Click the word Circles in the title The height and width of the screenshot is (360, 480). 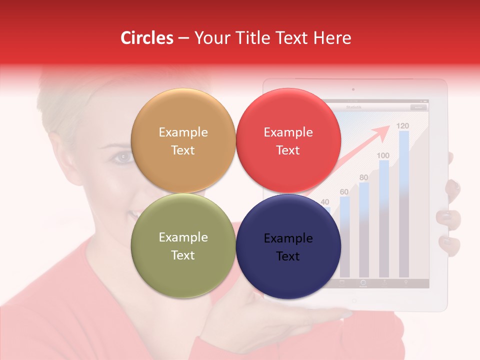[146, 38]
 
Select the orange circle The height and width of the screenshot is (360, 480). [183, 141]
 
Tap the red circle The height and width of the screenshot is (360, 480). [288, 141]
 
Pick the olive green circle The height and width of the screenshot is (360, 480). [183, 246]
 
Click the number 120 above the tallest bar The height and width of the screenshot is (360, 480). [402, 125]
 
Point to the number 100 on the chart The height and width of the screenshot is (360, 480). [383, 155]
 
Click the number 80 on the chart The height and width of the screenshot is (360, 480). [363, 177]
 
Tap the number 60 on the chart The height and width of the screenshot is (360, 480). [344, 191]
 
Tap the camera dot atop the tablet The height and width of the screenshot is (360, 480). [353, 89]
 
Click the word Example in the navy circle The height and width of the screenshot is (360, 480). [288, 238]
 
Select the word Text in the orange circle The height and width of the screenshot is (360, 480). [183, 150]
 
